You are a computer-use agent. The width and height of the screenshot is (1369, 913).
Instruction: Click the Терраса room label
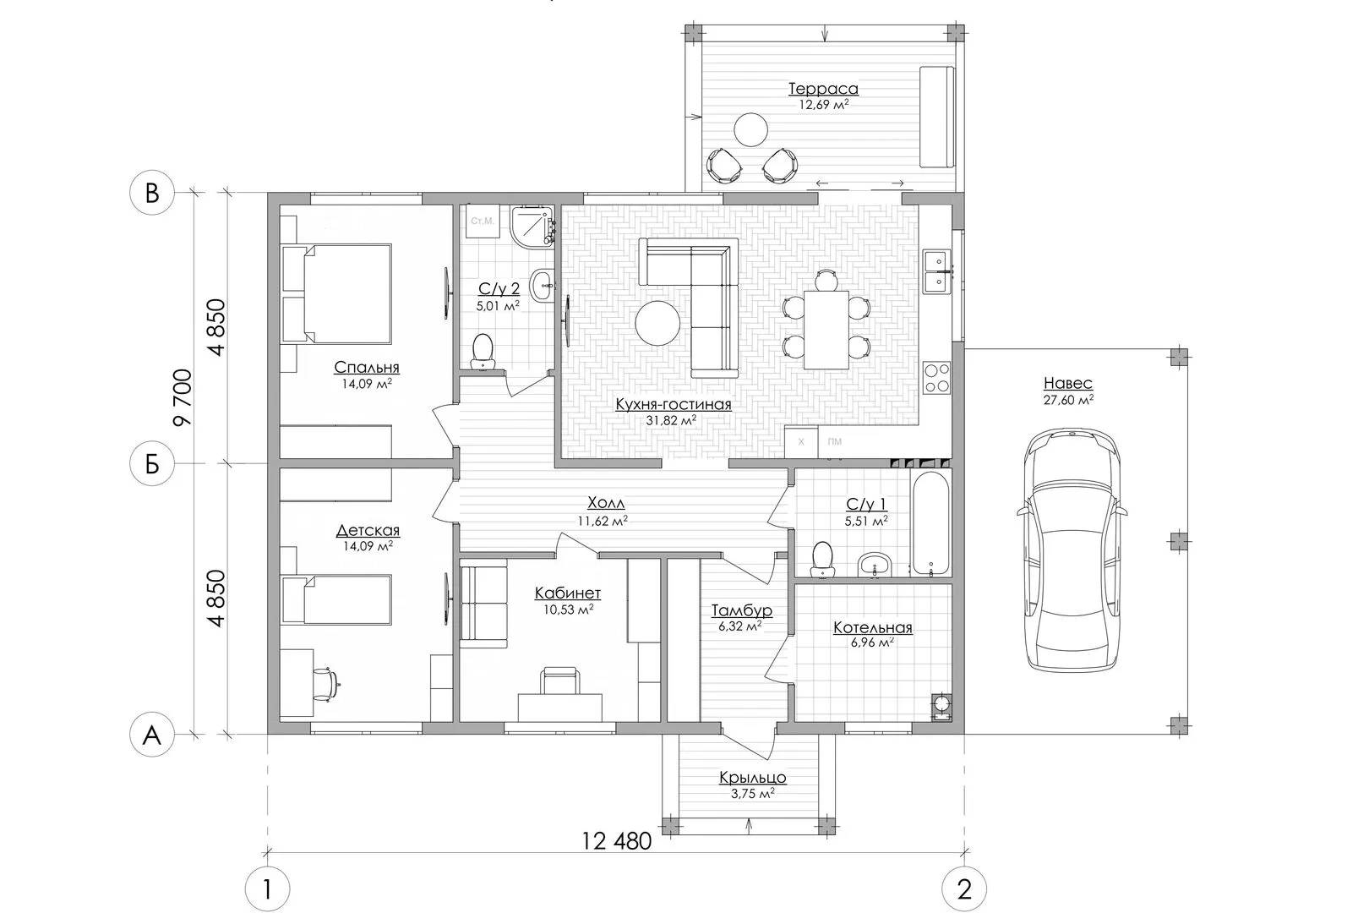coord(823,89)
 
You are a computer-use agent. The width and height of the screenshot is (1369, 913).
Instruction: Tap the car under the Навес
coord(1072,549)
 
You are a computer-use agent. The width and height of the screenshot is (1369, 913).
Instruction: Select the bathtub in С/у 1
coord(930,522)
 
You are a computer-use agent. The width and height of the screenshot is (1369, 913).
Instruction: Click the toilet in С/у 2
coord(483,352)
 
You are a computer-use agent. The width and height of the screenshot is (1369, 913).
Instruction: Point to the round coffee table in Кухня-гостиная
coord(657,323)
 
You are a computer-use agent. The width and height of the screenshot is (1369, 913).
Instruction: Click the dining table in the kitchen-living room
coord(826,330)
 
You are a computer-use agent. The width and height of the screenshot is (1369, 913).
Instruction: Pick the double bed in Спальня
coord(336,293)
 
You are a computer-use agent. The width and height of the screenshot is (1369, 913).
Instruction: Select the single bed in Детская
coord(336,599)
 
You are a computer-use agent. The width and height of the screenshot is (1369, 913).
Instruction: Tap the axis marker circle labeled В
coord(152,193)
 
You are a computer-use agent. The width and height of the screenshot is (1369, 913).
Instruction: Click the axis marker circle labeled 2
coord(964,889)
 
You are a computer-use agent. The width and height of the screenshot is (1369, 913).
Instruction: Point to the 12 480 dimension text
coord(616,841)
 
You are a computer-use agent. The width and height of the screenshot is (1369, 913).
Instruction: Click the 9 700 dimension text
coord(183,397)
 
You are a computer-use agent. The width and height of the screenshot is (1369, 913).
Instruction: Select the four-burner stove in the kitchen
coord(936,377)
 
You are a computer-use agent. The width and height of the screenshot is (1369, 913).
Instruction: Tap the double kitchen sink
coord(937,271)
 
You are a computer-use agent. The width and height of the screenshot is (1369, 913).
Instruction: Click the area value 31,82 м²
coord(672,420)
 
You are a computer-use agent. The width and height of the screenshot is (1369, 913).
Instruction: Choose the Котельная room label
coord(873,628)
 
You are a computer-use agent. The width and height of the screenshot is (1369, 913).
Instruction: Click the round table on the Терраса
coord(750,129)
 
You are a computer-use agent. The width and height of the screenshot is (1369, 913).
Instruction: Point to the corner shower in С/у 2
coord(532,227)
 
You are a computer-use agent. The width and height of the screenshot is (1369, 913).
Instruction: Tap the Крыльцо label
coord(752,778)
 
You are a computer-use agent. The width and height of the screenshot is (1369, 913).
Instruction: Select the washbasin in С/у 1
coord(876,565)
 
